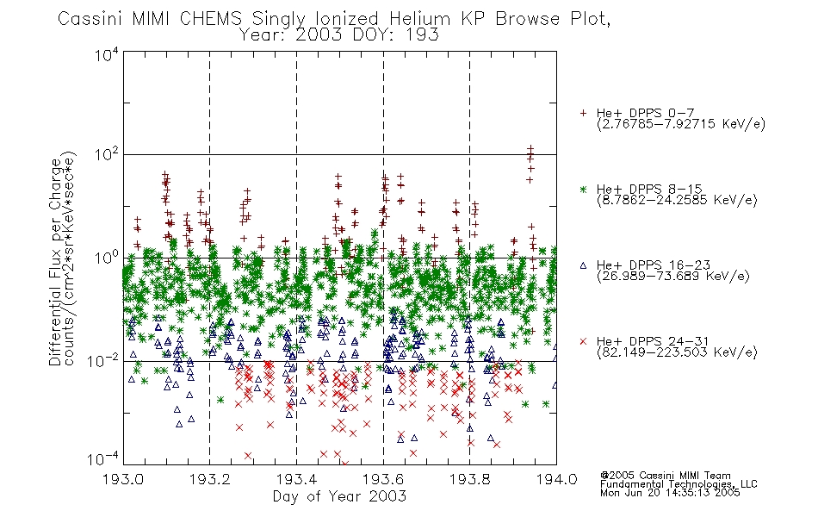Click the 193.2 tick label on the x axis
click(x=210, y=479)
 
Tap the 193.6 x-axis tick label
click(x=383, y=479)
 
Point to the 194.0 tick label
click(x=556, y=479)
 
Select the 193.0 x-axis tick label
click(x=123, y=479)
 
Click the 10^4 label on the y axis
click(x=107, y=54)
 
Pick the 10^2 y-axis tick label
click(x=107, y=155)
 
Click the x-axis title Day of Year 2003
click(x=339, y=496)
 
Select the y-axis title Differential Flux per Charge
click(x=55, y=262)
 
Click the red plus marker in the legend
click(x=584, y=113)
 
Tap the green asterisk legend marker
click(x=584, y=190)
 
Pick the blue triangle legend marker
click(x=584, y=265)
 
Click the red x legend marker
click(x=584, y=341)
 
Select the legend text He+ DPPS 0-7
click(x=645, y=114)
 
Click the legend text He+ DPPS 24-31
click(x=653, y=341)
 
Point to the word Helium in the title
click(x=420, y=19)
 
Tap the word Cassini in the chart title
click(x=90, y=19)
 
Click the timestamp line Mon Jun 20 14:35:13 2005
click(x=670, y=493)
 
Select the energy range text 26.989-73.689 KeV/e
click(x=673, y=277)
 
